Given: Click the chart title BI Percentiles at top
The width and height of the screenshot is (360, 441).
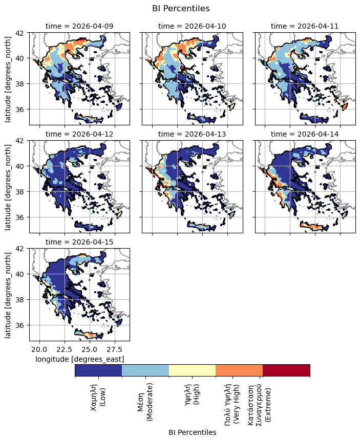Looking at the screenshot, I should tap(181, 8).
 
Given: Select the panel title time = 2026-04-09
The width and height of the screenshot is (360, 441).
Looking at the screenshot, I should tap(79, 26).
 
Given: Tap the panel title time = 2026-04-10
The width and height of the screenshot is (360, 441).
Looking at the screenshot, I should tap(192, 26).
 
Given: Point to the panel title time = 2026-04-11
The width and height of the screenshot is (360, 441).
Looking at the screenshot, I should tap(305, 26).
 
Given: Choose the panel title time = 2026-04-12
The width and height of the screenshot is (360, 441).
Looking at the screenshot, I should tap(79, 134).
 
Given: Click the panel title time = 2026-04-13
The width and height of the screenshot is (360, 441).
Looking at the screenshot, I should tap(192, 134).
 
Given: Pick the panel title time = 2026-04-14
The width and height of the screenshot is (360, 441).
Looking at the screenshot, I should tap(305, 134).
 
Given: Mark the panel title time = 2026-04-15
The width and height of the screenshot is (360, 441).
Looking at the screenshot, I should tap(79, 242).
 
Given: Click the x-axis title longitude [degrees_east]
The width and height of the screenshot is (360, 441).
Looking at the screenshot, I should tap(79, 359).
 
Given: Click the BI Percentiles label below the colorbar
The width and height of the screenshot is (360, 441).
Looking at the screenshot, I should tap(192, 432).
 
